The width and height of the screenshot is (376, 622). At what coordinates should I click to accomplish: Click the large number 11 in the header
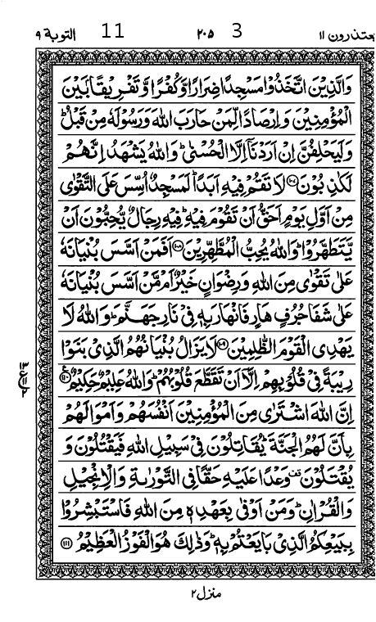[x=112, y=32]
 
